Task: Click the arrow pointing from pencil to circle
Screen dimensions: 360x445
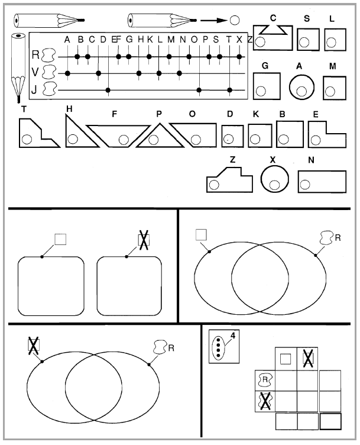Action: tap(214, 20)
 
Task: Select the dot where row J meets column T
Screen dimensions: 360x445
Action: tap(230, 91)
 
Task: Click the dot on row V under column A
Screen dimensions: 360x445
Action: tap(67, 73)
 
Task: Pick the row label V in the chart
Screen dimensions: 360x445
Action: tap(35, 73)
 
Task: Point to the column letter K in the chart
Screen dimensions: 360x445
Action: tap(150, 40)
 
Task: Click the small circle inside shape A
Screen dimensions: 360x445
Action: tap(301, 91)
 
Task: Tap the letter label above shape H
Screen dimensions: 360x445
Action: tap(69, 109)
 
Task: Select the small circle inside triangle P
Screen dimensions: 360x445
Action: tap(153, 139)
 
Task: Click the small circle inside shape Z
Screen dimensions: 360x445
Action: tap(214, 185)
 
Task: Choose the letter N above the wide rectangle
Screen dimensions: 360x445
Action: tap(311, 160)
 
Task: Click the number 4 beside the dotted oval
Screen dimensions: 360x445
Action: tap(233, 336)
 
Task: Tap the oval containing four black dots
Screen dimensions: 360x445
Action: tap(218, 347)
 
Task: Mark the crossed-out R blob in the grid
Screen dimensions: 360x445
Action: tap(265, 401)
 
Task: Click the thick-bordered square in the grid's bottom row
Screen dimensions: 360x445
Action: tap(330, 421)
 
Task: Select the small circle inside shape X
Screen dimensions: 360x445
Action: tap(274, 185)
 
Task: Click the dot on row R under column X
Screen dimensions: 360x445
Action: tap(239, 57)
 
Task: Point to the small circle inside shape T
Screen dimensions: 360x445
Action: tap(27, 139)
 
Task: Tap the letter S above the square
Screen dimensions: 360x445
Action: tap(307, 19)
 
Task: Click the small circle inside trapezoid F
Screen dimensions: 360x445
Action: tap(124, 139)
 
